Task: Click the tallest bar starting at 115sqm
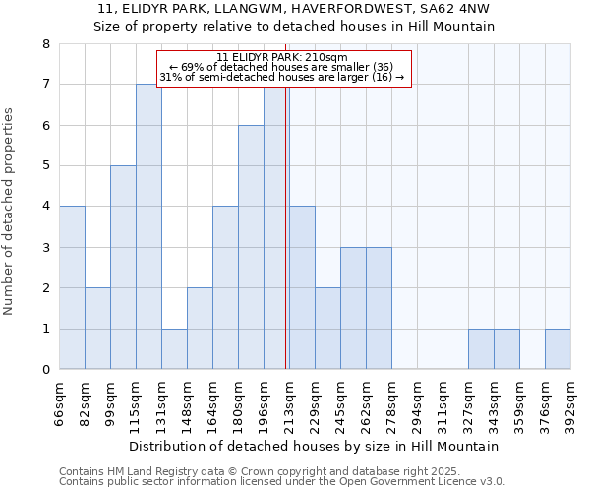(148, 226)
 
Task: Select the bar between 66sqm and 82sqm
(72, 287)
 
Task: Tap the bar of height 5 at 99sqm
(123, 268)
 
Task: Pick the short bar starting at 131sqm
(174, 349)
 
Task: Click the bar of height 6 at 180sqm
(251, 247)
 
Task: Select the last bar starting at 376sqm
(558, 349)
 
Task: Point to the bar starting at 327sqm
(481, 349)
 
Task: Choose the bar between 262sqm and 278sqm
(379, 308)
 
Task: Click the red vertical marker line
(285, 246)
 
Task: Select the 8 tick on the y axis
(45, 44)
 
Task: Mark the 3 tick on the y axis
(45, 248)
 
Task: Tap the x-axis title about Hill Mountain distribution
(314, 446)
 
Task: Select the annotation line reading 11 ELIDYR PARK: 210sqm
(282, 57)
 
